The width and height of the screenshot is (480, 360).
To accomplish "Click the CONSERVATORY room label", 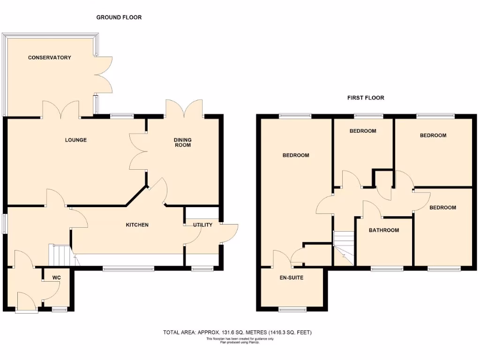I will pos(49,58).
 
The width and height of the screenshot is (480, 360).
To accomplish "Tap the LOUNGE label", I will pos(75,140).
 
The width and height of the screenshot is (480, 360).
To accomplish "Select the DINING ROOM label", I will pos(183,142).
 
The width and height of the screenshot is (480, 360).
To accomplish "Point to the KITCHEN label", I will pos(137,225).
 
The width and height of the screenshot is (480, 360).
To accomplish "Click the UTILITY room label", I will pos(203,225).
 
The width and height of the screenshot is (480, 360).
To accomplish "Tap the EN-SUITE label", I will pos(291,278).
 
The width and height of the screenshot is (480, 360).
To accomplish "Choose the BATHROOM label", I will pos(384,230).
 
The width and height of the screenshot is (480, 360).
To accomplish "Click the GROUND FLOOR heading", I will pos(119,17).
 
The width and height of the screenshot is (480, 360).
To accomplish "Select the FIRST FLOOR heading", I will pos(366,98).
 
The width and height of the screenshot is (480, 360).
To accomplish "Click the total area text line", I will pos(237,333).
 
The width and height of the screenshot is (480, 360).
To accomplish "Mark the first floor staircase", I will pos(343,248).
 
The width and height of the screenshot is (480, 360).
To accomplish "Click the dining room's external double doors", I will pos(184,108).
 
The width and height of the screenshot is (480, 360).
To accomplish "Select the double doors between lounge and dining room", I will pos(138,150).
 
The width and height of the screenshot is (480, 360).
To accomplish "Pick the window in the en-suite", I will pos(292,309).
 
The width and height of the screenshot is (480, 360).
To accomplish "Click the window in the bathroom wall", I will pos(387,269).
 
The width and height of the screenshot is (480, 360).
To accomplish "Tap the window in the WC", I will pos(60,309).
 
